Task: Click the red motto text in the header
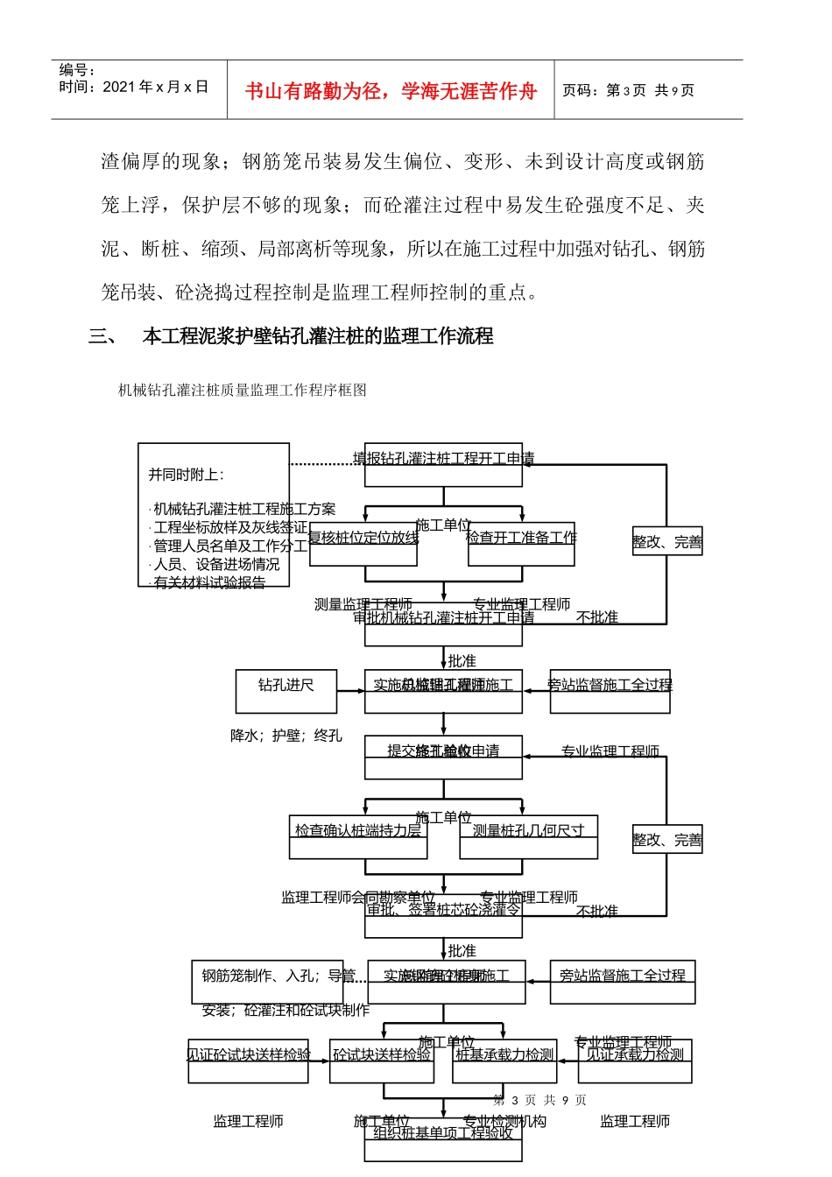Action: coord(391,91)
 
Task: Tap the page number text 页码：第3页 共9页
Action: coord(628,90)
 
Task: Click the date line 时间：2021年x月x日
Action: coord(134,87)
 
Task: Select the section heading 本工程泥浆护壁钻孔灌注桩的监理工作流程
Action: coord(318,336)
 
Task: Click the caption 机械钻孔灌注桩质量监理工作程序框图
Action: coord(243,391)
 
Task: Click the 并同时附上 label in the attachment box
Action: coord(186,475)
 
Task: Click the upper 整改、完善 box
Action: coord(667,542)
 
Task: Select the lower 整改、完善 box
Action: coord(667,840)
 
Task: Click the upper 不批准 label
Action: coord(597,617)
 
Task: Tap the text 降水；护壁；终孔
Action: coord(286,736)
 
